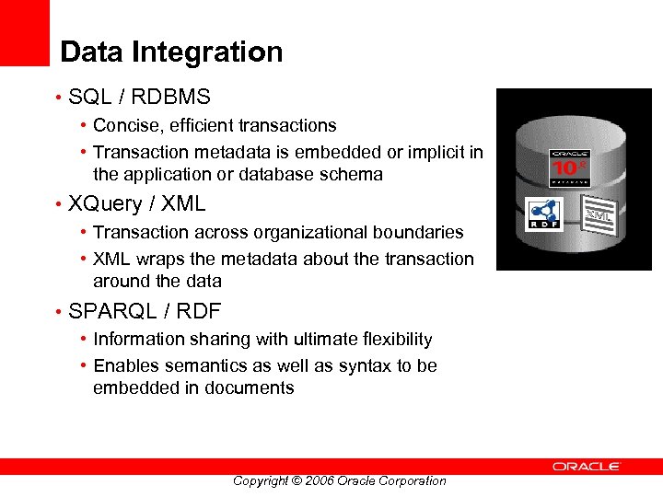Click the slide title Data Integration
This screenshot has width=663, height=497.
[171, 52]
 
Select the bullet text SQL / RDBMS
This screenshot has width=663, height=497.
[139, 97]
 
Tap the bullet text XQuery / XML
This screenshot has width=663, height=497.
[136, 203]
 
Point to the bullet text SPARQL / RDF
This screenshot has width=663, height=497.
[145, 311]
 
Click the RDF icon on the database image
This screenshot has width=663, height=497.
[544, 214]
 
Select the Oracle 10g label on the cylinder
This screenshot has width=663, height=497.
[568, 167]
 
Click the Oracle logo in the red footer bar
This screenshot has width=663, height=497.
[587, 467]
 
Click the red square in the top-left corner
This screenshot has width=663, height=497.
[24, 32]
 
